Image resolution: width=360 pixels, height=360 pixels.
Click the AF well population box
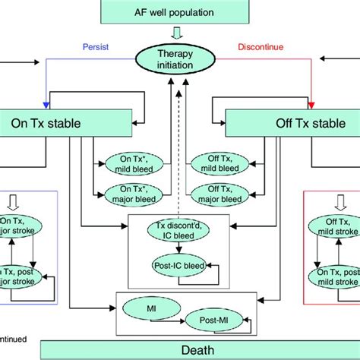pyautogui.click(x=179, y=11)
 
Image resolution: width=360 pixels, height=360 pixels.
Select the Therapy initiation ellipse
pyautogui.click(x=179, y=59)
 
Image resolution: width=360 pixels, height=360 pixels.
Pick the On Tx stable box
pyautogui.click(x=49, y=122)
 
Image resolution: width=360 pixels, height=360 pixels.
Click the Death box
pyautogui.click(x=179, y=350)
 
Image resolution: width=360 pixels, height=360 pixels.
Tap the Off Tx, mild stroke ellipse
pyautogui.click(x=335, y=226)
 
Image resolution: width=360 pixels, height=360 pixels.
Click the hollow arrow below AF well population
pyautogui.click(x=179, y=33)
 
